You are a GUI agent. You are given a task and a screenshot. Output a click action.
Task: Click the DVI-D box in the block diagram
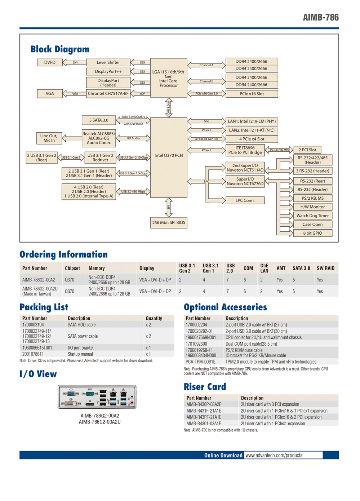pos(50,62)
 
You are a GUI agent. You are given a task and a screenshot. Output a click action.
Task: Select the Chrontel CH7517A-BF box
pos(108,93)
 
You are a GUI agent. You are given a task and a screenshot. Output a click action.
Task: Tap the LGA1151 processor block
pos(169,78)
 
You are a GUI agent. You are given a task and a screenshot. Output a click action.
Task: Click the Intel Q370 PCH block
pos(169,156)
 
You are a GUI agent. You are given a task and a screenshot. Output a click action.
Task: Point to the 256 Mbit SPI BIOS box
pos(169,223)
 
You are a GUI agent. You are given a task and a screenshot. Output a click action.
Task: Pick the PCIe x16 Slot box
pos(252,94)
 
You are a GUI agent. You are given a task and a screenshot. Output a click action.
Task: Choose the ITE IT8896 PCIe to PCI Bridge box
pos(245,150)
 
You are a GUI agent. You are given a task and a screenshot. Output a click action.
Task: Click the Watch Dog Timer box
pos(312,216)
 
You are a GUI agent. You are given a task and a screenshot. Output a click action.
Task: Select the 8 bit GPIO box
pos(312,233)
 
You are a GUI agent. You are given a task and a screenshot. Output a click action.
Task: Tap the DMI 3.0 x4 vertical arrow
pos(169,107)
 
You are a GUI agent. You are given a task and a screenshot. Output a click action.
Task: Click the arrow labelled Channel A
pos(206,65)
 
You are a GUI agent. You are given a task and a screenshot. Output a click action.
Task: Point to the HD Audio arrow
pos(133,138)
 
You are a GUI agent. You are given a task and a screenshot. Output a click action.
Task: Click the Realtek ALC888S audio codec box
pos(99,138)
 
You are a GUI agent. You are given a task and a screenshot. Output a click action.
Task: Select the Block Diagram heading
pos(60,49)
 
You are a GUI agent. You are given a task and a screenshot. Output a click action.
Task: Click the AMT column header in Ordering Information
pos(281,268)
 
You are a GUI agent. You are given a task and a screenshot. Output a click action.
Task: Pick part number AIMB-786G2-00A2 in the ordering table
pos(39,280)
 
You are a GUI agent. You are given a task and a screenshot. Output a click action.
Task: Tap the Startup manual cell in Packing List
pos(80,354)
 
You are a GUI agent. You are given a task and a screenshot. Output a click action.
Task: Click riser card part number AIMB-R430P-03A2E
pos(204,404)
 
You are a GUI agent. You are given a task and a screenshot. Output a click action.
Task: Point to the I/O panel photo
pos(97,396)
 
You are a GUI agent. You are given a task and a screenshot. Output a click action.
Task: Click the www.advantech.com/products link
pos(274,455)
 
